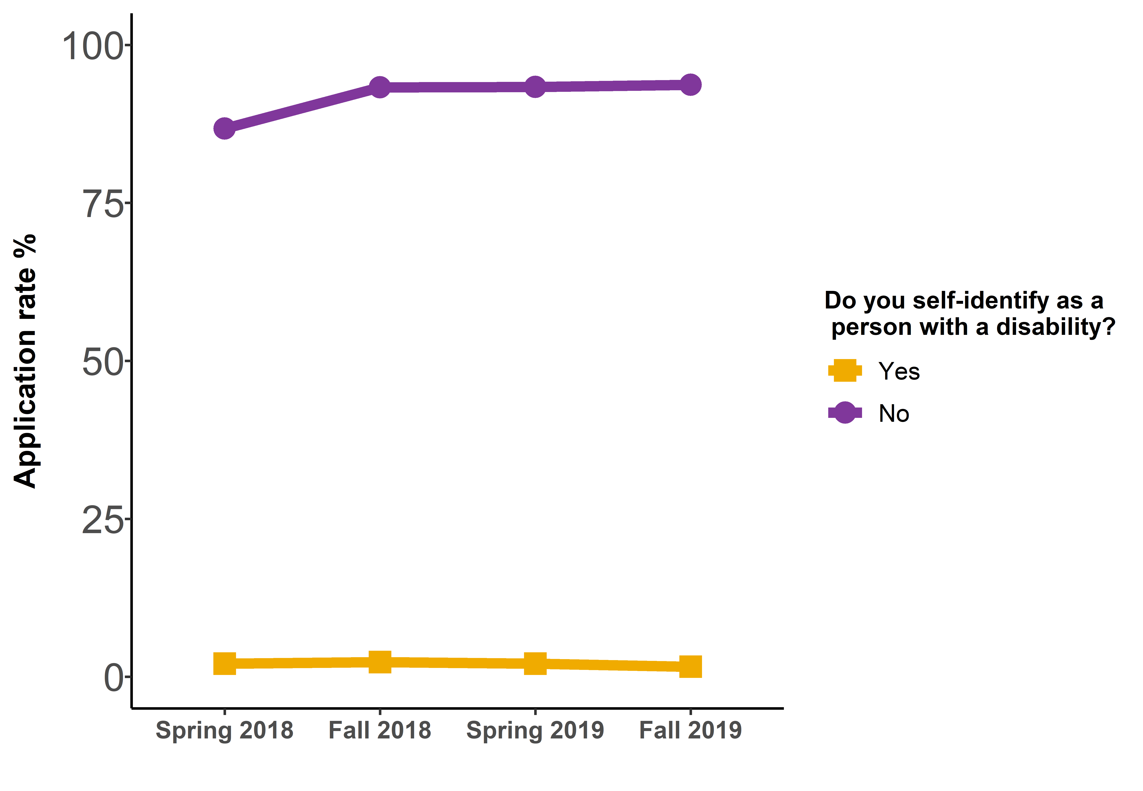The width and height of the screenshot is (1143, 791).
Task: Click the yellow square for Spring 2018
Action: tap(224, 664)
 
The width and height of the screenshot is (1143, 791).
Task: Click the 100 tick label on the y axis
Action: tap(92, 46)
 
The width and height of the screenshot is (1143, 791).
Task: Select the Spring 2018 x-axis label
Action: tap(224, 730)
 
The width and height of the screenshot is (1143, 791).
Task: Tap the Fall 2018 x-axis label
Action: tap(380, 730)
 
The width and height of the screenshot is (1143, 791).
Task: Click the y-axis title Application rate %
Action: tap(25, 361)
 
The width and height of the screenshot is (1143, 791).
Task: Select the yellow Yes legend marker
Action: tap(845, 371)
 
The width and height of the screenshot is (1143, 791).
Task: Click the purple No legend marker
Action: tap(845, 413)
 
